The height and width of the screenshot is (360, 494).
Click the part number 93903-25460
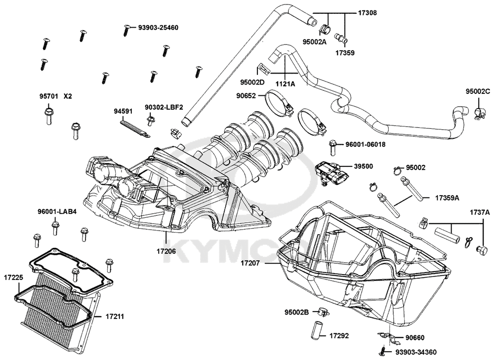click(158, 28)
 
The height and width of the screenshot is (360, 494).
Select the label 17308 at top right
click(368, 13)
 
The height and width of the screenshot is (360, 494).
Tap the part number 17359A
click(447, 198)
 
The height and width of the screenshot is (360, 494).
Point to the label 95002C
click(478, 91)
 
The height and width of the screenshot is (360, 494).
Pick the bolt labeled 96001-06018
click(332, 147)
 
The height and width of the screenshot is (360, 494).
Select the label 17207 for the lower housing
click(250, 263)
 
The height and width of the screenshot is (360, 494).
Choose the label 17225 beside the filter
click(13, 278)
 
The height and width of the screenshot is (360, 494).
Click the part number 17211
click(115, 316)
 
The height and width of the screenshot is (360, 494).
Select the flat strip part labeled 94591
click(136, 127)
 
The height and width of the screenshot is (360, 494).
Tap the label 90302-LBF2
click(164, 107)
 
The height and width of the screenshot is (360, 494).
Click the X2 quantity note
click(68, 96)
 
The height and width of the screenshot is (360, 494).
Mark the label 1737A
click(480, 212)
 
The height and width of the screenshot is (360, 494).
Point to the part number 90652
click(246, 95)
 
